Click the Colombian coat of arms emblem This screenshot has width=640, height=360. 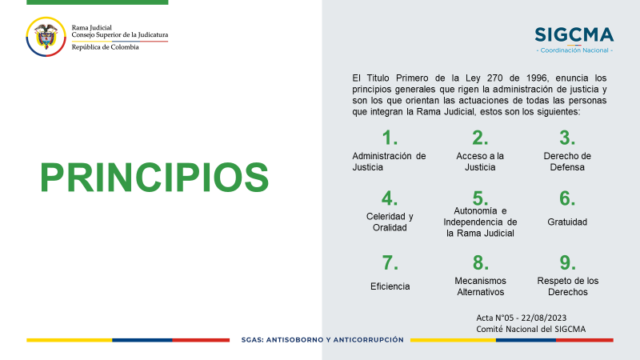[46, 37]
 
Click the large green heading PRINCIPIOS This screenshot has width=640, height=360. [154, 178]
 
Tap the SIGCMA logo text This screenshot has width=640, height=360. [574, 35]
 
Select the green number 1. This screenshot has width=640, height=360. [390, 138]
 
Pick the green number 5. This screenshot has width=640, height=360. [480, 198]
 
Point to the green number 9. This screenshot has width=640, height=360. [567, 263]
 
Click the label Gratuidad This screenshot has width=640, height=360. [567, 222]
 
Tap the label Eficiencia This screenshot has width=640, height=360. [390, 286]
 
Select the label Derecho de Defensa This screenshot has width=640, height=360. [567, 162]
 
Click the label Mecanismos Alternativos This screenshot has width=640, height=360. [481, 286]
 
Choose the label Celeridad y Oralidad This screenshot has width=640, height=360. [390, 222]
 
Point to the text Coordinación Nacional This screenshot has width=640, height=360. [574, 50]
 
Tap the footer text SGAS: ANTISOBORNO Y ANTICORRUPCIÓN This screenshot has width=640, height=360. [322, 339]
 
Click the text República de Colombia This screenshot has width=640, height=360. [106, 47]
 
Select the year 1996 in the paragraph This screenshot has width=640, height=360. [536, 78]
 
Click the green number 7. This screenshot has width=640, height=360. [390, 263]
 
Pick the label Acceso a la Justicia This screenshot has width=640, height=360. [480, 162]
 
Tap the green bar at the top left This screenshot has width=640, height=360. [97, 2]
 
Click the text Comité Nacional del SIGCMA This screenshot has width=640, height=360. [530, 329]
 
